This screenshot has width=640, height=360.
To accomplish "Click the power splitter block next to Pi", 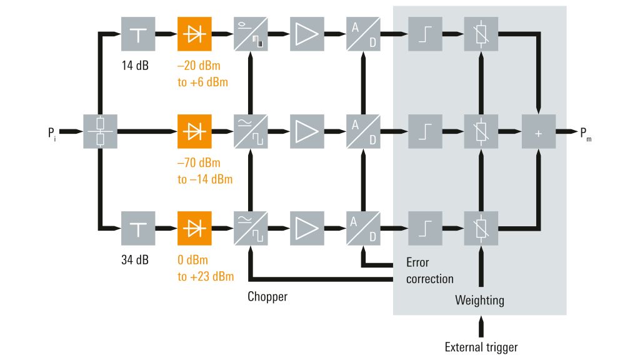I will point(100,131).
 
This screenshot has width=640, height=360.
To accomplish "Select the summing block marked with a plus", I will point(538,131).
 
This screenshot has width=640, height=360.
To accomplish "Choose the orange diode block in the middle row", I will point(194,131).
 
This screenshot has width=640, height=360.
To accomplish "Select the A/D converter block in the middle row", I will point(363,131).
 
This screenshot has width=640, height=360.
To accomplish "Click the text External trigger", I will point(481,347).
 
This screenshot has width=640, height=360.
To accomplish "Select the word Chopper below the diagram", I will point(267,296).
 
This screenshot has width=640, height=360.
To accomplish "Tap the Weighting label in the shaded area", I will point(479,301).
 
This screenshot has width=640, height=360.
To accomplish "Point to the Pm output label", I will point(585,132).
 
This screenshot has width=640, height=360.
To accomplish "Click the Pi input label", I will point(52,132).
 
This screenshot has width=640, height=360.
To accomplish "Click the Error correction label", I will point(429,270).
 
